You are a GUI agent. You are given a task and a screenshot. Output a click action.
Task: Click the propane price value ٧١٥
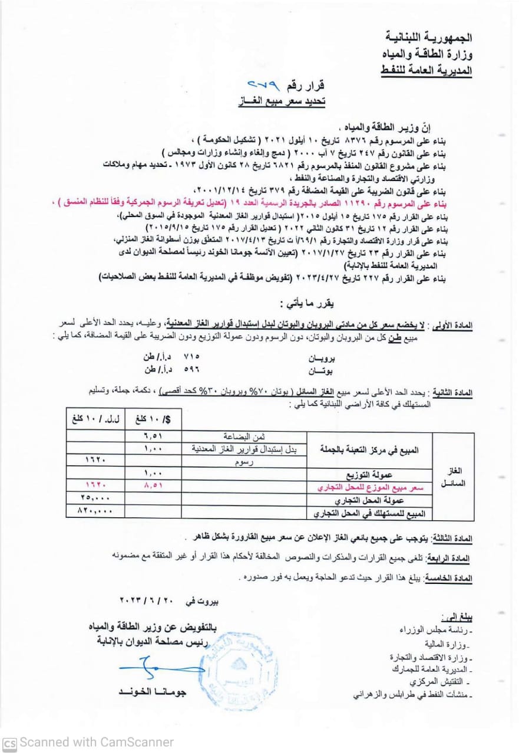[x=193, y=357]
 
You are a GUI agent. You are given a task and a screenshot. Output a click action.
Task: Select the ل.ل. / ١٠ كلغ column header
[x=95, y=420]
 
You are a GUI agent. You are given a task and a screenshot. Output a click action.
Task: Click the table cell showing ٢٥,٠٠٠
[x=95, y=499]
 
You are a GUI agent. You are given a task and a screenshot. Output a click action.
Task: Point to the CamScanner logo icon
[x=9, y=743]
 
